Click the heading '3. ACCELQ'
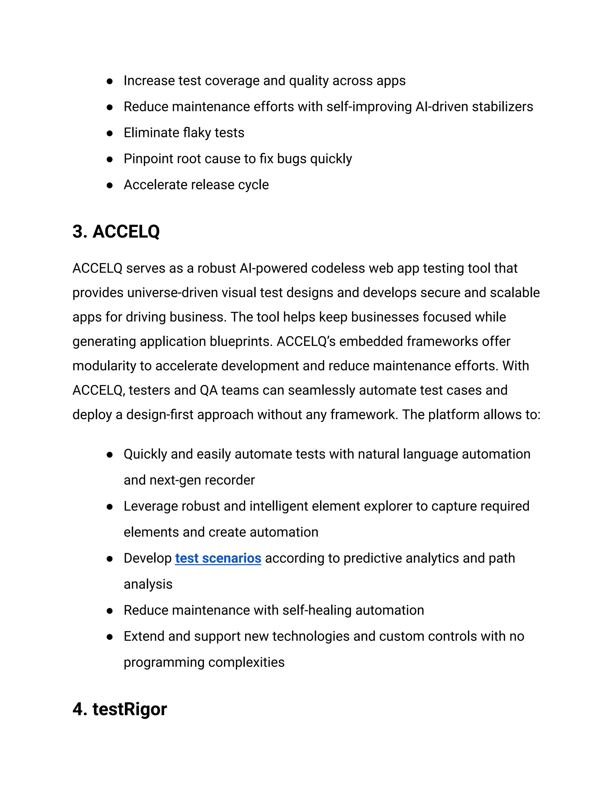(x=116, y=232)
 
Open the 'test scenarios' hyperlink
(x=218, y=558)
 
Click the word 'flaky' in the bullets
(x=197, y=133)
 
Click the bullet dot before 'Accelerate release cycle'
(x=110, y=185)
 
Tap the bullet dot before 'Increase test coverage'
(x=110, y=81)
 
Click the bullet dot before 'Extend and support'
(x=110, y=637)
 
